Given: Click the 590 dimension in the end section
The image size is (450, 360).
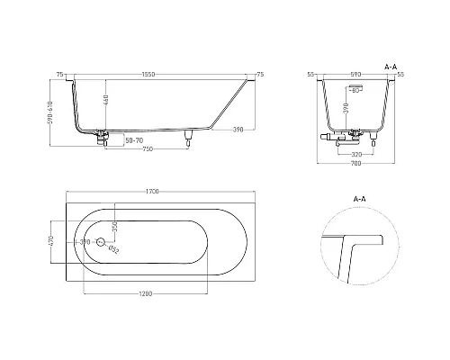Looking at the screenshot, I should (x=355, y=74).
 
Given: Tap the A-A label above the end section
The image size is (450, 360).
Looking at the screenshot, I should (x=391, y=66).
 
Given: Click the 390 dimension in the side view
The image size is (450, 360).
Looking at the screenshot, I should (x=236, y=130).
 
